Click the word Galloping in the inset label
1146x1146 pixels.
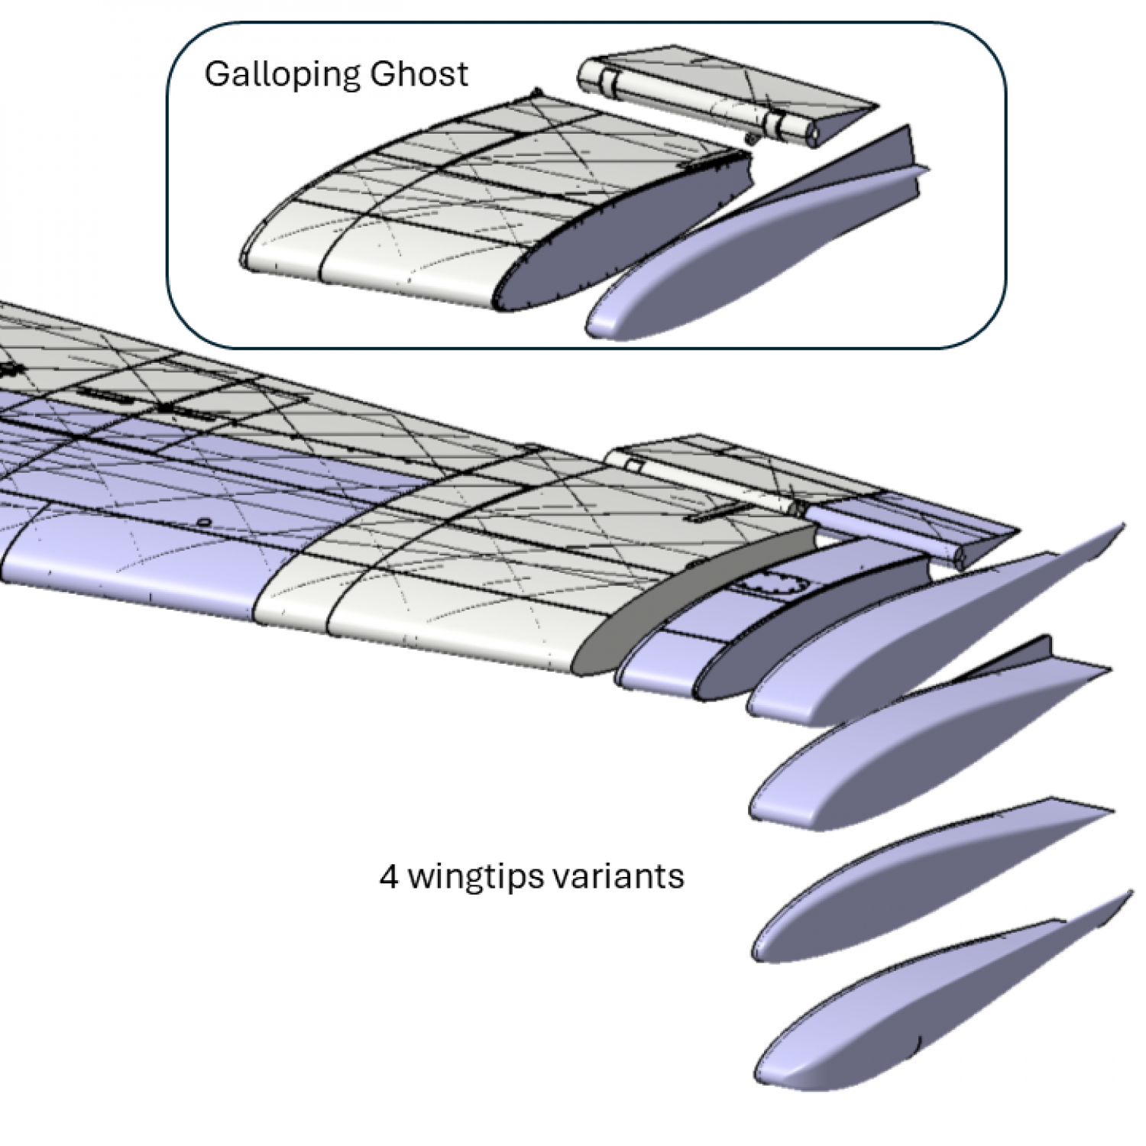pyautogui.click(x=282, y=75)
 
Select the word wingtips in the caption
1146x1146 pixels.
pyautogui.click(x=476, y=876)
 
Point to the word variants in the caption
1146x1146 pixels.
pyautogui.click(x=618, y=876)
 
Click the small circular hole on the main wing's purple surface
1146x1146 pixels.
pyautogui.click(x=203, y=522)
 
